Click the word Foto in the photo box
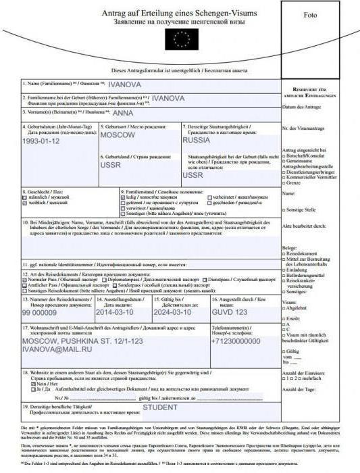310,15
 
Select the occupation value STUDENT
159,407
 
